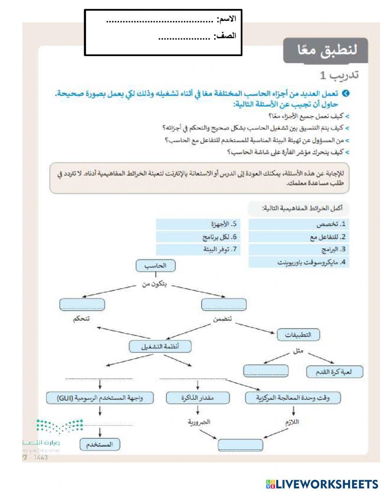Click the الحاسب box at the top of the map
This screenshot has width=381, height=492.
pos(155,266)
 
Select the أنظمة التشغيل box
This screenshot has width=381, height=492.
pos(160,347)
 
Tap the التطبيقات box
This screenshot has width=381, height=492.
pos(298,335)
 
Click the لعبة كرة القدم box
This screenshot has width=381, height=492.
pos(335,372)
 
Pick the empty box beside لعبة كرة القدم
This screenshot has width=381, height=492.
pos(266,371)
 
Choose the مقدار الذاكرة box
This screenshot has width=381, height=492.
pos(198,398)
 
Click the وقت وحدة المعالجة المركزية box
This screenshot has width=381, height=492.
pos(293,398)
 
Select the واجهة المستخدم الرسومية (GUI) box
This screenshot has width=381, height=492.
pos(100,398)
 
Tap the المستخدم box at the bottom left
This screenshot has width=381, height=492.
pos(100,444)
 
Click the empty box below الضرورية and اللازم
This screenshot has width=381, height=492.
pos(240,445)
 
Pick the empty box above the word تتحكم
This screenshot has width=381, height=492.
pos(82,304)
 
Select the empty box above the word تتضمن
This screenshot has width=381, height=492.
pos(224,304)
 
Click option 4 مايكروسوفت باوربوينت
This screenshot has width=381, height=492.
pos(299,262)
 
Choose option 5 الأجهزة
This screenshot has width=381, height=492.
pos(198,224)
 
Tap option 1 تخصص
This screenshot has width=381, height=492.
pos(299,224)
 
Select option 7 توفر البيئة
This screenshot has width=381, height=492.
pos(198,250)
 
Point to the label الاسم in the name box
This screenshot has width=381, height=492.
pos(227,19)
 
